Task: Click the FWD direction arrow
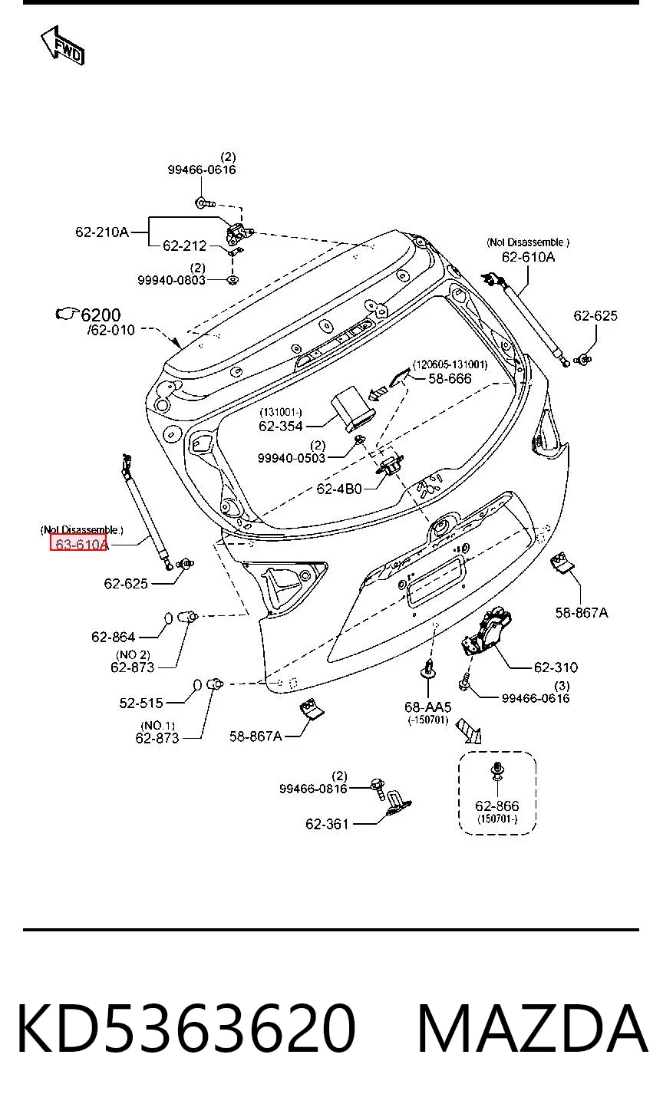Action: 62,46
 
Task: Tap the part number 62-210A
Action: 102,232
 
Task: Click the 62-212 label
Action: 185,245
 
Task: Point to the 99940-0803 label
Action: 172,280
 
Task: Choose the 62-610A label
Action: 528,257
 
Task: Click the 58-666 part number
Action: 450,378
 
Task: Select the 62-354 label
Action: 281,426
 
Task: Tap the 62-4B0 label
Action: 339,489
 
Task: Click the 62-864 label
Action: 114,637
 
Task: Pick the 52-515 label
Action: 141,703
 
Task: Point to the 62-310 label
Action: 556,667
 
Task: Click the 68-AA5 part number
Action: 428,707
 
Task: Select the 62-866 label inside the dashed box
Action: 497,806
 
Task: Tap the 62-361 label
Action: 327,824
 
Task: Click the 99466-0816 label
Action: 313,789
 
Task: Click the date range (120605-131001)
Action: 450,364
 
